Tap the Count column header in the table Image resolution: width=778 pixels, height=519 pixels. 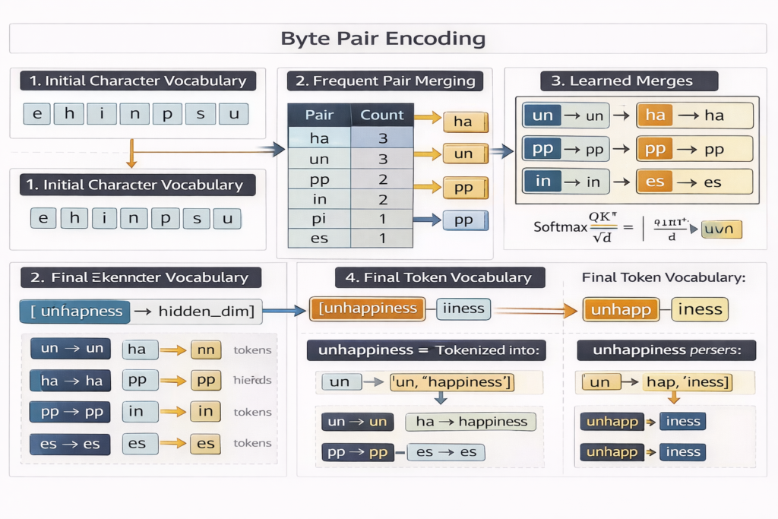click(381, 116)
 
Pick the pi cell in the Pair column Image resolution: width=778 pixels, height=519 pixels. click(319, 219)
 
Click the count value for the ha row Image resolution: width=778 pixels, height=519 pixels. click(382, 138)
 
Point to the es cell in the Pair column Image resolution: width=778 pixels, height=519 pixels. click(319, 238)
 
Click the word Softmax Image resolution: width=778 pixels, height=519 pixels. click(560, 226)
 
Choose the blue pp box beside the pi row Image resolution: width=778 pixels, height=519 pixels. click(464, 220)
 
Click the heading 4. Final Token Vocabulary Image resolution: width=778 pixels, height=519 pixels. click(440, 277)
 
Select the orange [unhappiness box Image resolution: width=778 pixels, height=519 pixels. click(370, 309)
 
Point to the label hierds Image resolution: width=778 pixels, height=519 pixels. click(253, 381)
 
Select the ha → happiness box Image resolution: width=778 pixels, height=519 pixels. click(471, 422)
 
